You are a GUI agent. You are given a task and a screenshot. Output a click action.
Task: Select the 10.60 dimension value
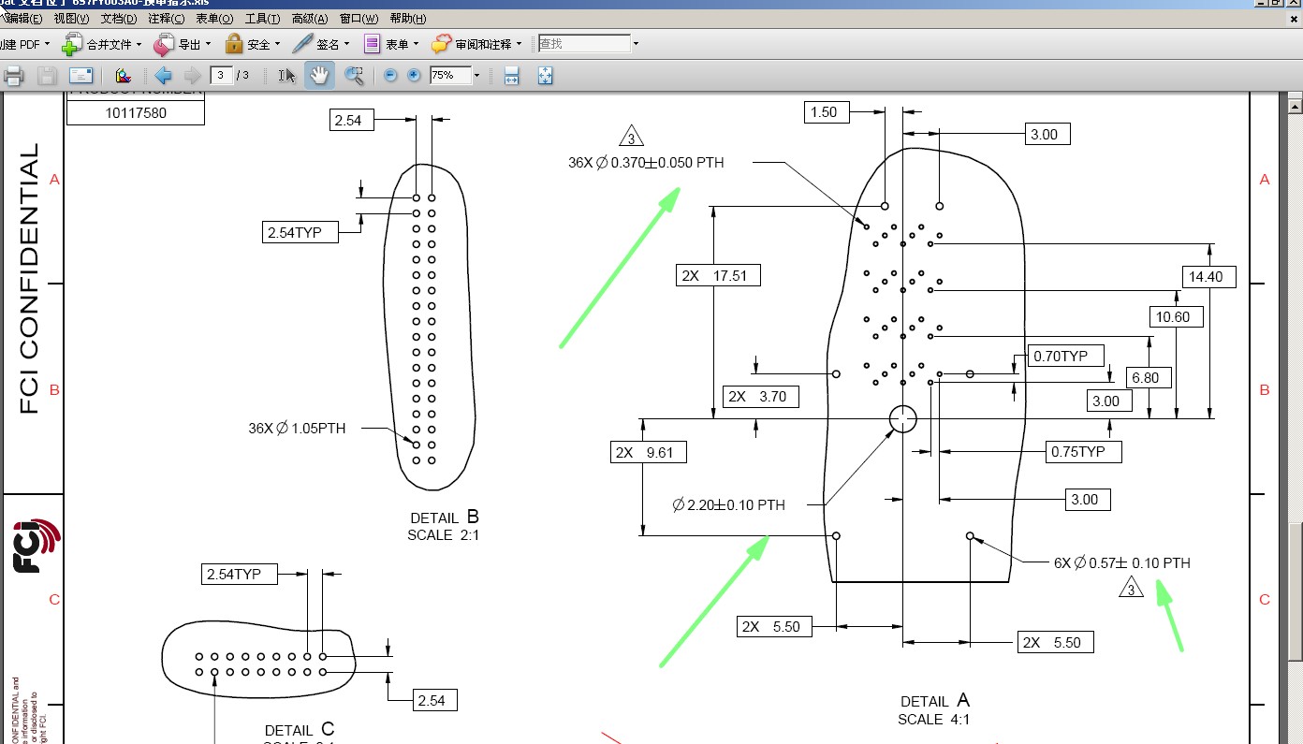click(x=1172, y=317)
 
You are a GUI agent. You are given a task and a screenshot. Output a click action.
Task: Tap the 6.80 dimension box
click(x=1145, y=378)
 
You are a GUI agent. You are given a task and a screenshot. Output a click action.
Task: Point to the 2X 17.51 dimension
click(x=718, y=275)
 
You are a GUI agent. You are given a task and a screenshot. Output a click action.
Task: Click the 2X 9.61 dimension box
click(x=648, y=453)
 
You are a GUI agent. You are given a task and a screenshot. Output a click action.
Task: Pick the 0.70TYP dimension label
click(x=1066, y=356)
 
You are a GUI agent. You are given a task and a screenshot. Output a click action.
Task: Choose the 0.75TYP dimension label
click(x=1084, y=452)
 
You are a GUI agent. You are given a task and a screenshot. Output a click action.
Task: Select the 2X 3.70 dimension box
click(x=762, y=397)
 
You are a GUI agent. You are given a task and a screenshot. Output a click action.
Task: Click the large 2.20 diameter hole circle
click(x=902, y=419)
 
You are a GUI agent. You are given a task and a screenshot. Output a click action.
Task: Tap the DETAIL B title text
click(x=444, y=518)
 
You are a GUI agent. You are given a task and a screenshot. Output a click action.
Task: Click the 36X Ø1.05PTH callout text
click(x=297, y=429)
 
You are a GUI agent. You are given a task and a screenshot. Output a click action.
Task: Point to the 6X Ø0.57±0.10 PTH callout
click(x=1121, y=563)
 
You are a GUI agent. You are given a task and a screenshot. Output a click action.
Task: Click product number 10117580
click(x=136, y=113)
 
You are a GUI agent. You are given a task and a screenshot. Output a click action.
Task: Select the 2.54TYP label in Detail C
click(x=239, y=574)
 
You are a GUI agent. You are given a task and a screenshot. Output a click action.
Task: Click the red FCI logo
click(x=36, y=545)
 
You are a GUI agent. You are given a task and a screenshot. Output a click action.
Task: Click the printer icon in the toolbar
click(x=13, y=76)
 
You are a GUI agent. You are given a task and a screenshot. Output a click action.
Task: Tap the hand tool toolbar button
click(x=319, y=76)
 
